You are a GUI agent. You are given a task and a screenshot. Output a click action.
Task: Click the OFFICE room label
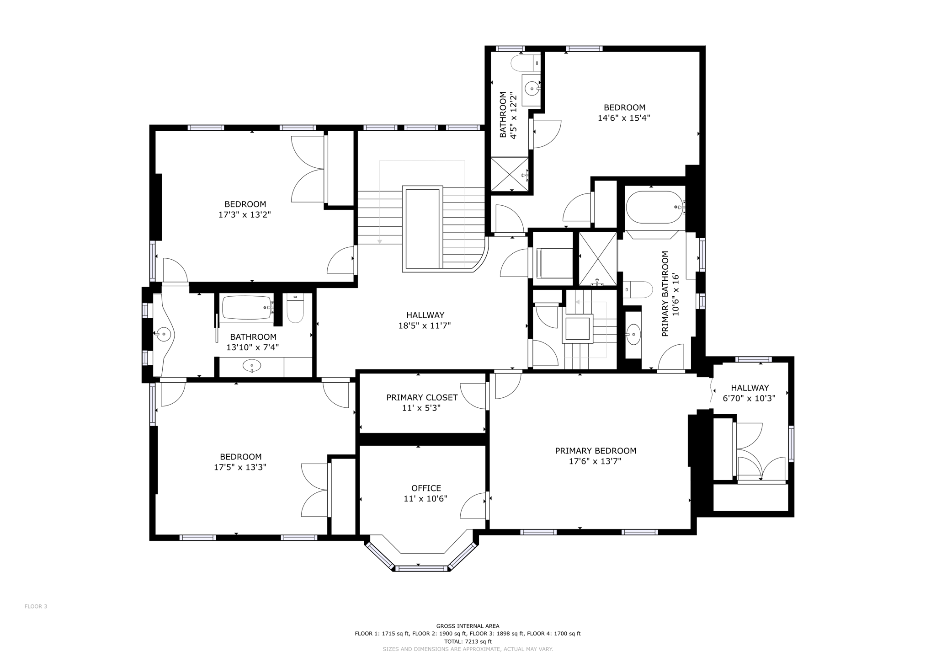click(x=426, y=488)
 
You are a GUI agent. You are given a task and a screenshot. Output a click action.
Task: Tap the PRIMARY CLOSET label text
click(x=421, y=398)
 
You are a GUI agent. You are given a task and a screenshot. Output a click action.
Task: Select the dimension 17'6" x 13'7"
click(x=595, y=462)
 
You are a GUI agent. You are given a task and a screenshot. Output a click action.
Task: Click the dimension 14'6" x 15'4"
click(x=624, y=118)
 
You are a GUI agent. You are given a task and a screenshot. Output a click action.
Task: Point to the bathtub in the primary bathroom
click(x=654, y=207)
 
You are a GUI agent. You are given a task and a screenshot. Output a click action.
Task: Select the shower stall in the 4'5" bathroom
click(x=509, y=174)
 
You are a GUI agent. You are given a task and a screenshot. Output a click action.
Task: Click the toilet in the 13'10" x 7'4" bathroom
click(x=295, y=310)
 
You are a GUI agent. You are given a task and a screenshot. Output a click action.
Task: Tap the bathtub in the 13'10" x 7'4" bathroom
click(x=247, y=308)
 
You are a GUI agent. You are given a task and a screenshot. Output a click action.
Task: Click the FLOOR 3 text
click(x=36, y=607)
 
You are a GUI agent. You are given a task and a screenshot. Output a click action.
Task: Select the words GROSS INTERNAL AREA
click(x=468, y=626)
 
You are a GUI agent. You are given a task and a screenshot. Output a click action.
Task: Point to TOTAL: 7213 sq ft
click(x=468, y=641)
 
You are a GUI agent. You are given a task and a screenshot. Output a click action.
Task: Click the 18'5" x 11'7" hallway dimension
click(x=425, y=326)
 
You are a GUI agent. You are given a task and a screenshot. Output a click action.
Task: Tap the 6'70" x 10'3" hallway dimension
click(x=749, y=398)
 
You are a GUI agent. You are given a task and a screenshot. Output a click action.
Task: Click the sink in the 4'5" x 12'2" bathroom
click(x=532, y=89)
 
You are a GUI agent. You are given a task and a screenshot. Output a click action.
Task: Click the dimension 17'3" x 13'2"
click(x=245, y=214)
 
